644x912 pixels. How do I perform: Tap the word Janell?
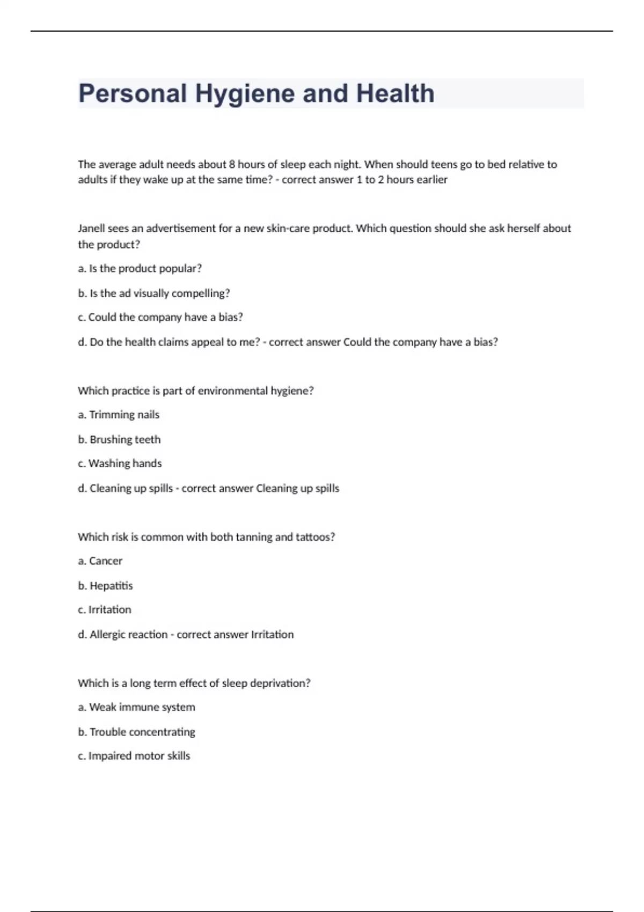91,228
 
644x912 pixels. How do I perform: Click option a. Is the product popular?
140,268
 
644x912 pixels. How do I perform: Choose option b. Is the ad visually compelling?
153,293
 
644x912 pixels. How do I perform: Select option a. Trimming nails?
119,415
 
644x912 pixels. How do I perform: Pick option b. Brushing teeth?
119,439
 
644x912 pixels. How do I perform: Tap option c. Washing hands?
120,463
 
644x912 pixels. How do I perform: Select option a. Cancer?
100,561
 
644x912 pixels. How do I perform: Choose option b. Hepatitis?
105,585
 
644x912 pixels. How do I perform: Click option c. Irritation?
105,609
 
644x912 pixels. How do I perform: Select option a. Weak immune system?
136,707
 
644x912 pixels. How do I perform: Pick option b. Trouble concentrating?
136,732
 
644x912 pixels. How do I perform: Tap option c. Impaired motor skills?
134,755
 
